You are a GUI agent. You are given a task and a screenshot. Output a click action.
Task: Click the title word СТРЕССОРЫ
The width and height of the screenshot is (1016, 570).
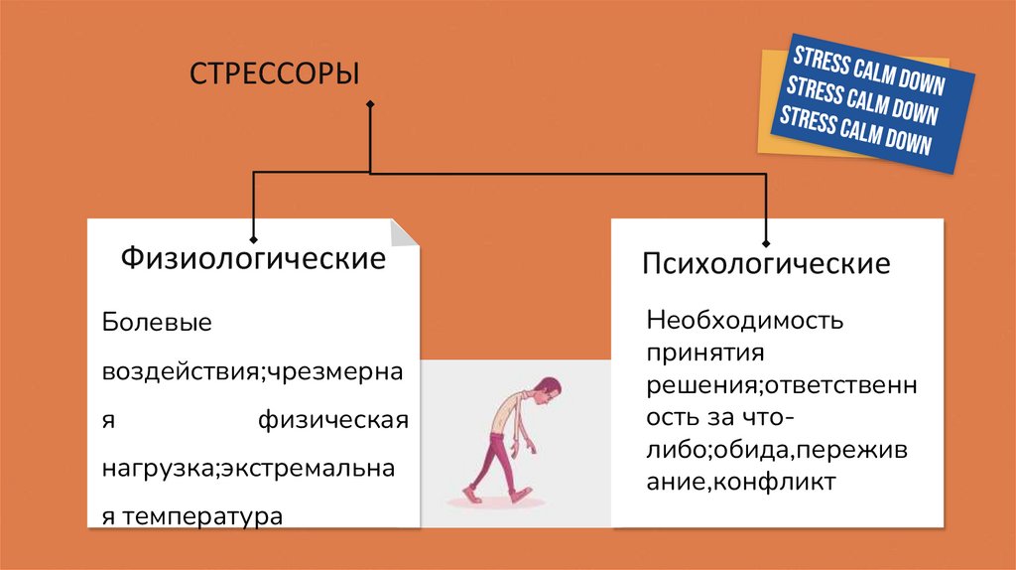coord(273,74)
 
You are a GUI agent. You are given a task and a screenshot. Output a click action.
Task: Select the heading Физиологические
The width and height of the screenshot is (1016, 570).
coord(253,260)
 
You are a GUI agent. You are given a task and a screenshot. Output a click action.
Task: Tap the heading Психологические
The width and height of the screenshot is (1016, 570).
coord(766,265)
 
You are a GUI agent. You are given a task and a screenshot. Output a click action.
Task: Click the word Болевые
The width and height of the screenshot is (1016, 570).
coord(158,324)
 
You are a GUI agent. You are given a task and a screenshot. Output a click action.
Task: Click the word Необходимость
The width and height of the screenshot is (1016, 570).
coord(744,322)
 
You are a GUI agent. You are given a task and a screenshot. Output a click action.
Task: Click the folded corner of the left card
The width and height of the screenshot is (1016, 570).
coord(406,233)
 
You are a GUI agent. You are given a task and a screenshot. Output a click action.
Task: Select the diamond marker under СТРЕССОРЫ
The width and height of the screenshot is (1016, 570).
coord(370,104)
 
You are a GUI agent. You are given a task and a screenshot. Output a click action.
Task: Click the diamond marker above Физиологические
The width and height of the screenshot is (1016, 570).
coord(254,239)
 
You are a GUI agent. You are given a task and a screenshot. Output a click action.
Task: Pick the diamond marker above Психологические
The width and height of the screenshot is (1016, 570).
coord(766,242)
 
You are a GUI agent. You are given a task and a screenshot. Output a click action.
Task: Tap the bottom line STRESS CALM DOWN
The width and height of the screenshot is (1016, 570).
coord(855,131)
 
